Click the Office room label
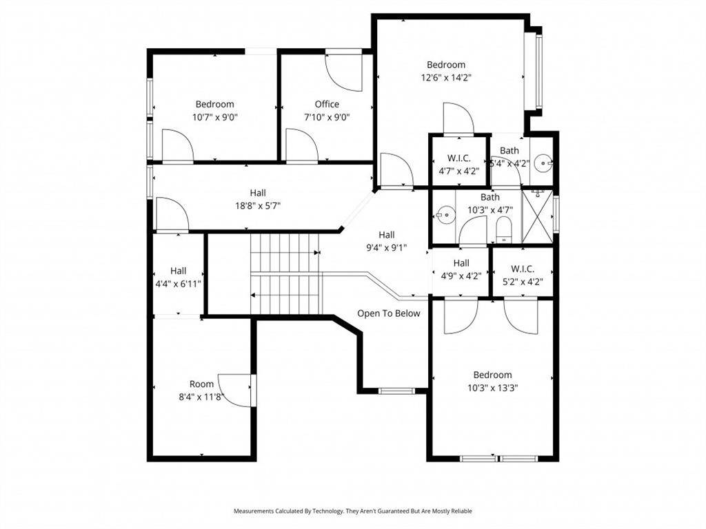[327, 105]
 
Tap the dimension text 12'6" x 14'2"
[446, 77]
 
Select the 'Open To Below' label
[389, 313]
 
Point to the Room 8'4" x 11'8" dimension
[201, 397]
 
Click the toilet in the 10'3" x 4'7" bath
[504, 229]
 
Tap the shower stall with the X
[536, 217]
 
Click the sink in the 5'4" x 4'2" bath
[543, 163]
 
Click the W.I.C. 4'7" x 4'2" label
[458, 165]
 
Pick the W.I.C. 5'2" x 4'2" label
[523, 276]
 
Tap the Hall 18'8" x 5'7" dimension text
[258, 206]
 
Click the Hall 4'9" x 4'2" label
[461, 269]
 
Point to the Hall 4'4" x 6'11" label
[179, 278]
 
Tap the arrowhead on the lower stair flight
[253, 295]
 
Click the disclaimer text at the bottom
[352, 511]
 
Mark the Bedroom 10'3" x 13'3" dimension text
[492, 388]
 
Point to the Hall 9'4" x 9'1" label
[386, 241]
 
